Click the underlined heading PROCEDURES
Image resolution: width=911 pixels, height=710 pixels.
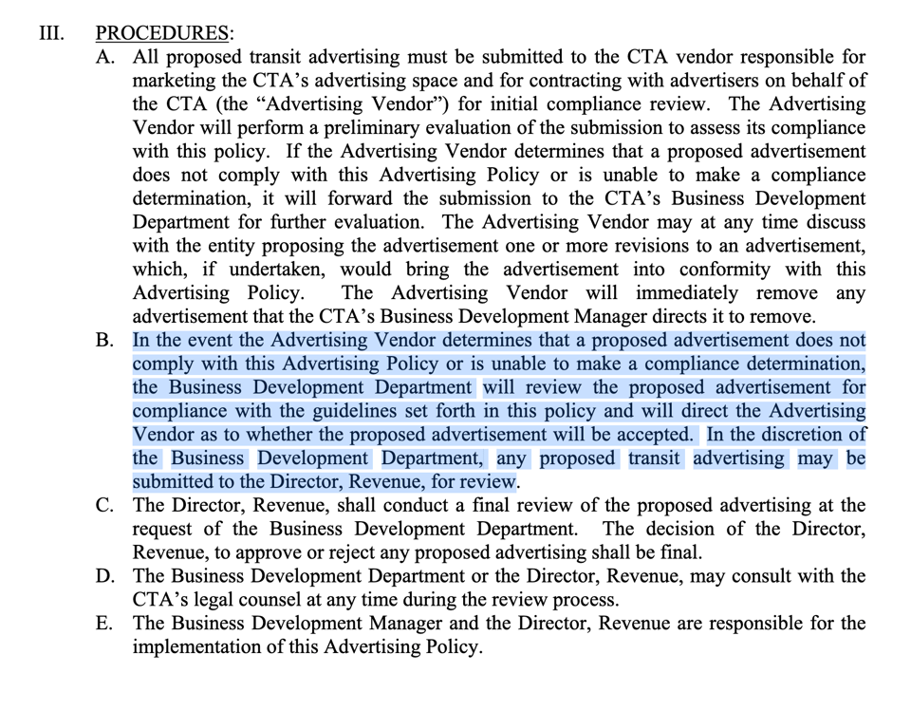[x=162, y=33]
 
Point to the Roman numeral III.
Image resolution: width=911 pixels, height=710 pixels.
[x=51, y=33]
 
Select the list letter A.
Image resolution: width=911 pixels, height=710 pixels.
[x=105, y=57]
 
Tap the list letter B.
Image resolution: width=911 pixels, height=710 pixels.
[x=105, y=341]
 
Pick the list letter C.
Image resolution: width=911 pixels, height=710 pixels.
[x=105, y=506]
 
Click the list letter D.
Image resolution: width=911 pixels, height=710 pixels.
[x=105, y=576]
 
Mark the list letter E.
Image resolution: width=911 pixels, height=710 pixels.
[x=105, y=624]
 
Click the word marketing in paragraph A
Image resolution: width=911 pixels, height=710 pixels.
[x=178, y=81]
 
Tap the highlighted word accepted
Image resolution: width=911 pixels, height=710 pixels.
[x=650, y=435]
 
